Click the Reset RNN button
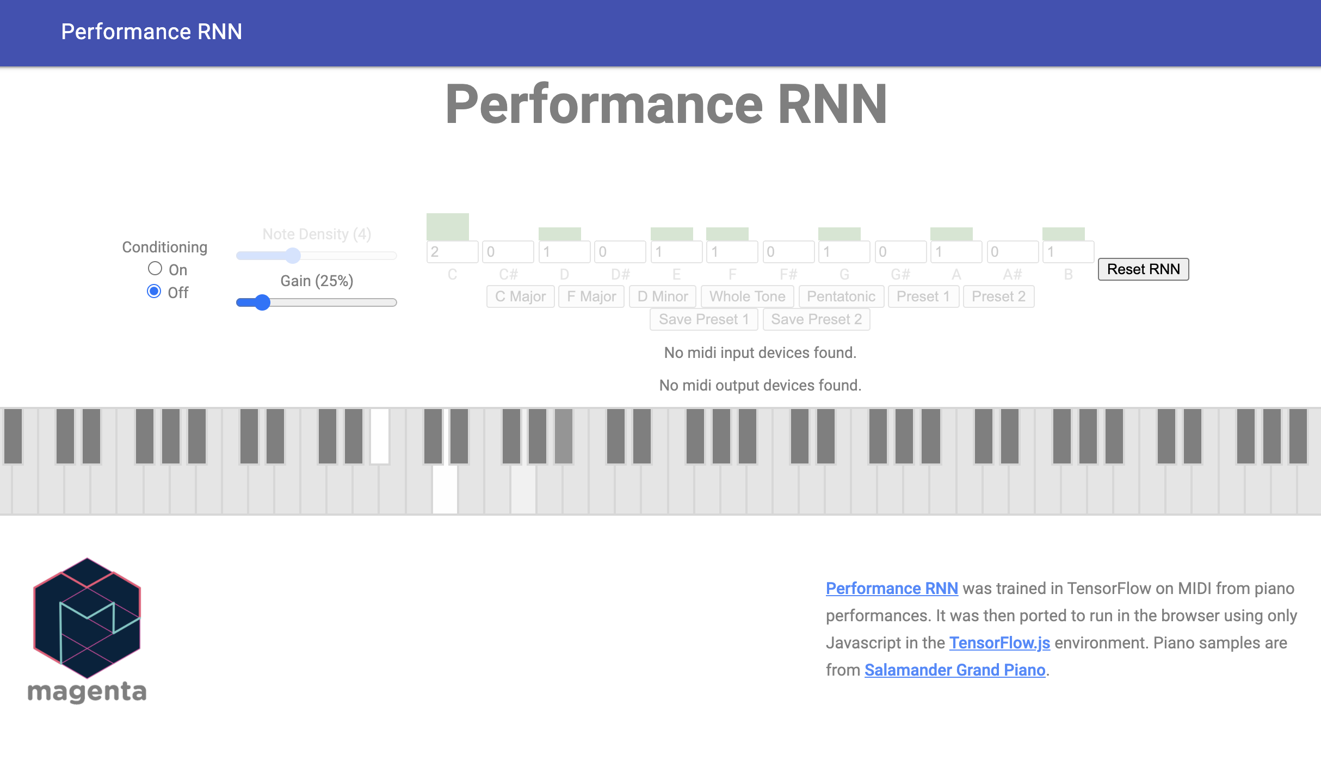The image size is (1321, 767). (x=1143, y=269)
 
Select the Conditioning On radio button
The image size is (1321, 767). (x=155, y=269)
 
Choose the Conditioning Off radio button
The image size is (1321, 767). (x=155, y=292)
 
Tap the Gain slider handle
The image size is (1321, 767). (x=262, y=302)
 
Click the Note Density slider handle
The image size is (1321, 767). (x=293, y=255)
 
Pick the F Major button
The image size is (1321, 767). (x=591, y=296)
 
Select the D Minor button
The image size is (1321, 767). (x=662, y=296)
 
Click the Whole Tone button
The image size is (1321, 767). (x=747, y=296)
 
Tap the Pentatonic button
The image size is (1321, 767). (x=841, y=296)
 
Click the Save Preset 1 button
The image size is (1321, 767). (x=703, y=319)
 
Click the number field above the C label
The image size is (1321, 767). (x=452, y=252)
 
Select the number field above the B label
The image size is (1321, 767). (x=1067, y=252)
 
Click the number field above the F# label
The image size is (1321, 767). (x=788, y=252)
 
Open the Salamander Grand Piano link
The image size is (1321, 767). (x=955, y=670)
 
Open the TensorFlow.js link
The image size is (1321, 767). (x=999, y=642)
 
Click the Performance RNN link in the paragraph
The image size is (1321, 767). (x=892, y=588)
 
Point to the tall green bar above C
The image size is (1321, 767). (x=447, y=227)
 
